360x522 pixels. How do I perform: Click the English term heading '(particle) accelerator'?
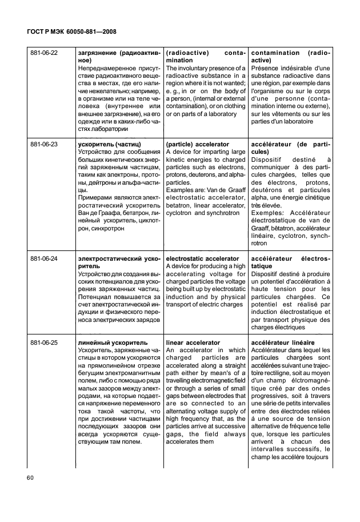coord(197,145)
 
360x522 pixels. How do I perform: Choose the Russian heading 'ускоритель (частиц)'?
coord(109,145)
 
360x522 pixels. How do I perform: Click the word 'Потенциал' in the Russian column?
coord(95,297)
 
